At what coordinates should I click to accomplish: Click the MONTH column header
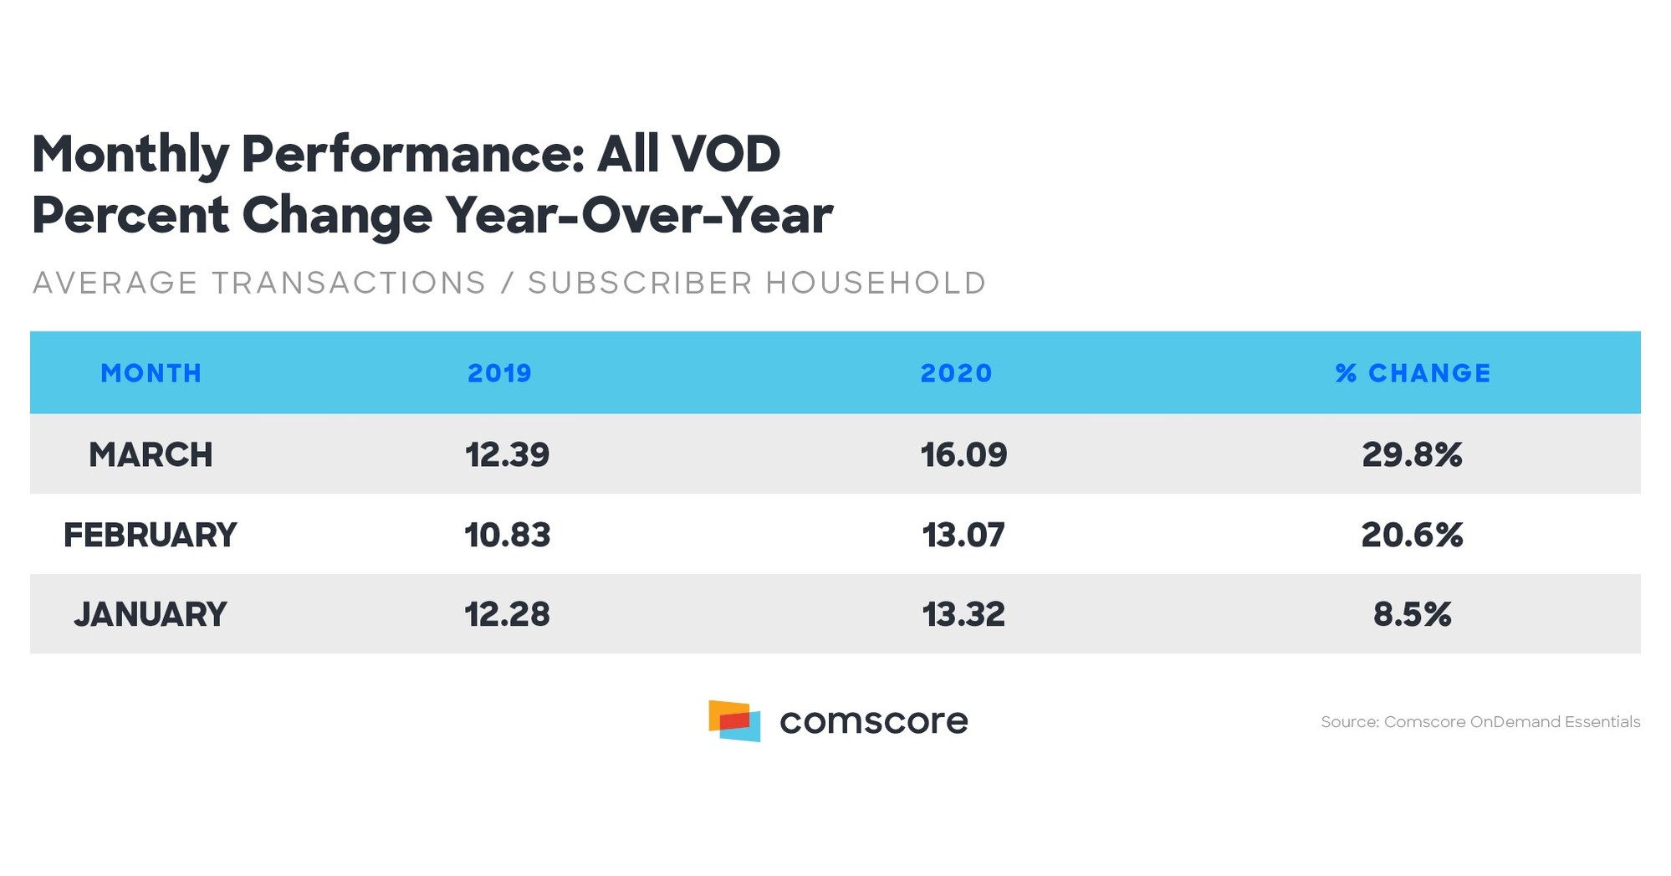point(151,373)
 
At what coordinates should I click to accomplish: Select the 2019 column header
point(499,373)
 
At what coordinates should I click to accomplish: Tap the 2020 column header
point(956,373)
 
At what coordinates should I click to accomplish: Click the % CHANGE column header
point(1413,373)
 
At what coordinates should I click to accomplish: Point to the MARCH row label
point(151,454)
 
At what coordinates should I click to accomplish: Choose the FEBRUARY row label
point(151,535)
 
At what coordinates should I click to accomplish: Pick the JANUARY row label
point(151,614)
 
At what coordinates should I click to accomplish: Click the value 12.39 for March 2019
point(507,454)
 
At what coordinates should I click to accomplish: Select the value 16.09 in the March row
point(963,454)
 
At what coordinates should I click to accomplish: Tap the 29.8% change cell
point(1412,454)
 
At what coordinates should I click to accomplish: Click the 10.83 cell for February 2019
point(507,535)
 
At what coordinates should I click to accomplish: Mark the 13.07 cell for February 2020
point(963,535)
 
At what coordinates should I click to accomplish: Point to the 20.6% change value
point(1412,535)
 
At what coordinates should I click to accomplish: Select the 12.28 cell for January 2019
point(507,614)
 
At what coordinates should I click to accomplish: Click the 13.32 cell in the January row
point(963,614)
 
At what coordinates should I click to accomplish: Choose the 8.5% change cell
point(1412,614)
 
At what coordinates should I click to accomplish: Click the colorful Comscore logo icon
point(734,720)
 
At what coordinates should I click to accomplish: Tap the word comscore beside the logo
point(873,721)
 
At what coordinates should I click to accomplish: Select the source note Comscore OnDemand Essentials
point(1480,721)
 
